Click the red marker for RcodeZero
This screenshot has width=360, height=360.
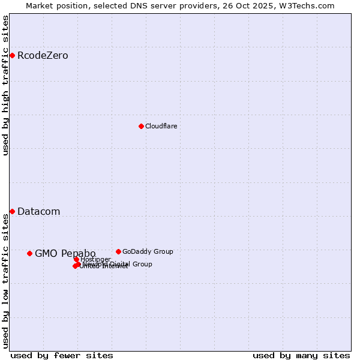pyautogui.click(x=12, y=56)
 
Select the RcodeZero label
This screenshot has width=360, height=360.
pyautogui.click(x=43, y=56)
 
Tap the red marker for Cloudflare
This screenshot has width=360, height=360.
pyautogui.click(x=141, y=126)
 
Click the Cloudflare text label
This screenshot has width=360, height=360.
pyautogui.click(x=161, y=126)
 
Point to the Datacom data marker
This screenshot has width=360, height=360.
pyautogui.click(x=12, y=211)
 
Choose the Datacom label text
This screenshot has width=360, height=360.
pyautogui.click(x=38, y=211)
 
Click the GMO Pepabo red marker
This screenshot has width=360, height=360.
pyautogui.click(x=29, y=253)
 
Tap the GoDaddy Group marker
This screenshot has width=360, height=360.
pyautogui.click(x=118, y=251)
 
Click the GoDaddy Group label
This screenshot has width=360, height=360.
pyautogui.click(x=148, y=251)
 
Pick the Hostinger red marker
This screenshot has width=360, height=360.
pyautogui.click(x=77, y=259)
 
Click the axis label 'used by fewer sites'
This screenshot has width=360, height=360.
pyautogui.click(x=62, y=355)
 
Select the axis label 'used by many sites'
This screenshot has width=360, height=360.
pyautogui.click(x=301, y=355)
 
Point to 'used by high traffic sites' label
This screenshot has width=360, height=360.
pyautogui.click(x=5, y=85)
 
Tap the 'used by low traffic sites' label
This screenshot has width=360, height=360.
pyautogui.click(x=5, y=281)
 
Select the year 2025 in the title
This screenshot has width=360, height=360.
pyautogui.click(x=269, y=5)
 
